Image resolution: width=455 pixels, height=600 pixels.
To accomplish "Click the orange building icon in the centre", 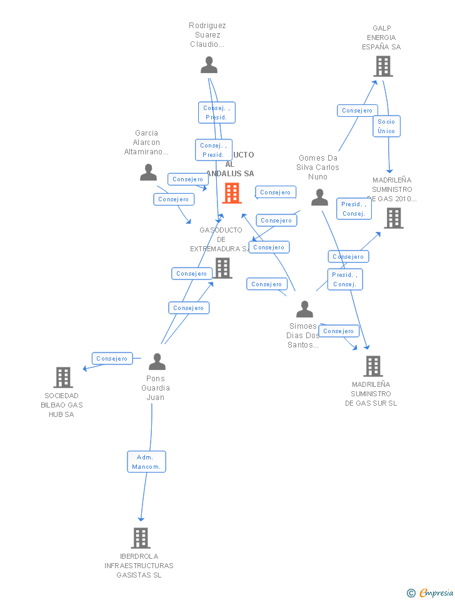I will (x=232, y=193).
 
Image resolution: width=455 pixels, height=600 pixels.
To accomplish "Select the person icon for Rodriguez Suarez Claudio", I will (x=209, y=65).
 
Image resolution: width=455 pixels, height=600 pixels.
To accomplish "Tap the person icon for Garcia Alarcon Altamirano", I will (x=148, y=172).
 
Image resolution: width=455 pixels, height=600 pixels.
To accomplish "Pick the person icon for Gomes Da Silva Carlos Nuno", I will (x=319, y=197).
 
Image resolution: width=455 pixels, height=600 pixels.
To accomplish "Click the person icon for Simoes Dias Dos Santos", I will (x=304, y=309).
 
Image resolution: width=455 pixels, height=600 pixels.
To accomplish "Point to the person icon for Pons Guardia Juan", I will (x=157, y=362).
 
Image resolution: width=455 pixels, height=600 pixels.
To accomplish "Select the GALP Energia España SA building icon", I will (x=382, y=66).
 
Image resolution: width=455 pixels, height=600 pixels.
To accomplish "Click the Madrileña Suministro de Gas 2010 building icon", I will (x=393, y=218).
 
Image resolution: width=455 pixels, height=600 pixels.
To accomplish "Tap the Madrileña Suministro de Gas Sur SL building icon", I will (x=372, y=366).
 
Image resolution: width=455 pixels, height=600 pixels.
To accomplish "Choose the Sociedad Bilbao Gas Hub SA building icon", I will (x=63, y=377).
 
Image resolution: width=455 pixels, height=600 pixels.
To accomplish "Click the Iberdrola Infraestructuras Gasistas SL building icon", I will (x=141, y=538).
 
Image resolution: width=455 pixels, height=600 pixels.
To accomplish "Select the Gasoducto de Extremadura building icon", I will (x=223, y=267).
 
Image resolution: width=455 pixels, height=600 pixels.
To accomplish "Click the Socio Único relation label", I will (x=386, y=126).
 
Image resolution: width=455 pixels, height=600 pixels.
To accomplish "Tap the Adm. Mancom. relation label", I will (x=147, y=462).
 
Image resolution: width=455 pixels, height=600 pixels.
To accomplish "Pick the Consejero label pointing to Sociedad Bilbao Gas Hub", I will (x=112, y=359).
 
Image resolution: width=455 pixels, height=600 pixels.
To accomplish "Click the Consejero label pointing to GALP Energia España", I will (x=357, y=111).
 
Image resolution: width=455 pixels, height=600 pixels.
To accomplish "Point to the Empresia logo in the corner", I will (x=431, y=592).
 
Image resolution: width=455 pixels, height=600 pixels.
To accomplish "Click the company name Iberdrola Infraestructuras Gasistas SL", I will (x=139, y=566).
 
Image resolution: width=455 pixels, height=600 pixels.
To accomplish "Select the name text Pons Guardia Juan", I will (x=156, y=388).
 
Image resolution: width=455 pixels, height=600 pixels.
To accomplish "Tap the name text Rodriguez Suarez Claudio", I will (x=207, y=35).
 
